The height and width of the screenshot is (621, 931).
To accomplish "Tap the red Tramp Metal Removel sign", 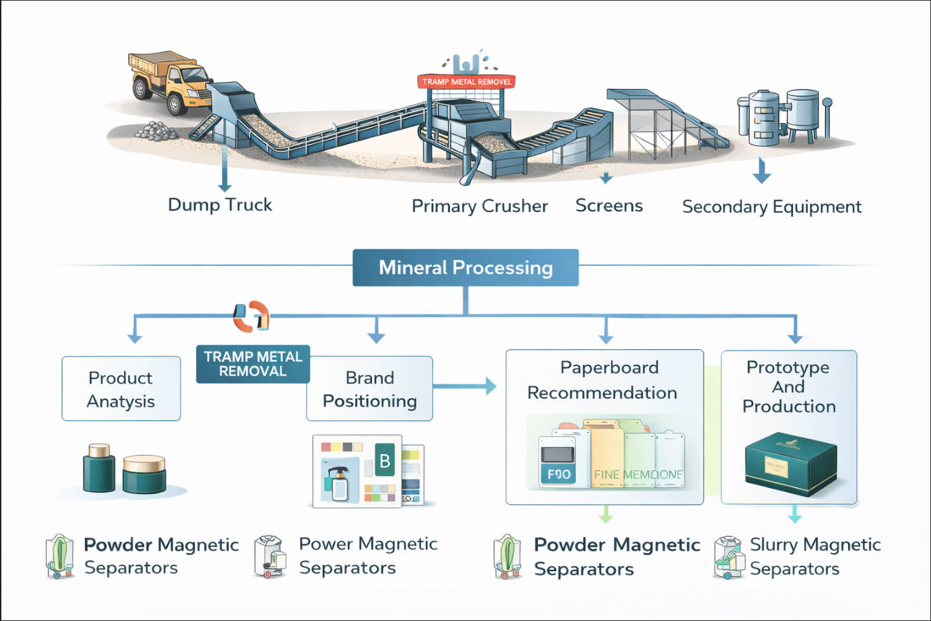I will coord(467,82).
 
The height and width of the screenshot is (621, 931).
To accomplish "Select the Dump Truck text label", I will coord(220,205).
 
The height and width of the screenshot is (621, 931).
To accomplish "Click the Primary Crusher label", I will coord(479,207).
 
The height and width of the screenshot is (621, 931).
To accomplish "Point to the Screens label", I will coord(609,206).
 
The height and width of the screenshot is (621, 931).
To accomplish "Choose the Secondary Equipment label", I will coord(771,207).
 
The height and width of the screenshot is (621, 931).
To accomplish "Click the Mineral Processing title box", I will coord(466,268).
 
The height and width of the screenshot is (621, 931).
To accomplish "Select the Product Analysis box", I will coord(121,389).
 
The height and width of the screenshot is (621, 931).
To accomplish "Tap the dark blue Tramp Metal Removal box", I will coord(253,364).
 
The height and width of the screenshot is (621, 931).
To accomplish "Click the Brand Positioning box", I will coord(369,389).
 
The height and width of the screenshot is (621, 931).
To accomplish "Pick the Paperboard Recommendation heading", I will coord(603,380).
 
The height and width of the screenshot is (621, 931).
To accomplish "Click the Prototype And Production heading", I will coord(788,387).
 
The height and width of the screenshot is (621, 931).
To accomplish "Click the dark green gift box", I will coord(790,463).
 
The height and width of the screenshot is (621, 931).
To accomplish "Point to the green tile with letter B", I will coord(384,461).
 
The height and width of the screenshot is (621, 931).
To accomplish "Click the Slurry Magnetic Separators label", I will coord(814,556).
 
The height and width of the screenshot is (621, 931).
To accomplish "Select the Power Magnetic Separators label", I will coord(367,556).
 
